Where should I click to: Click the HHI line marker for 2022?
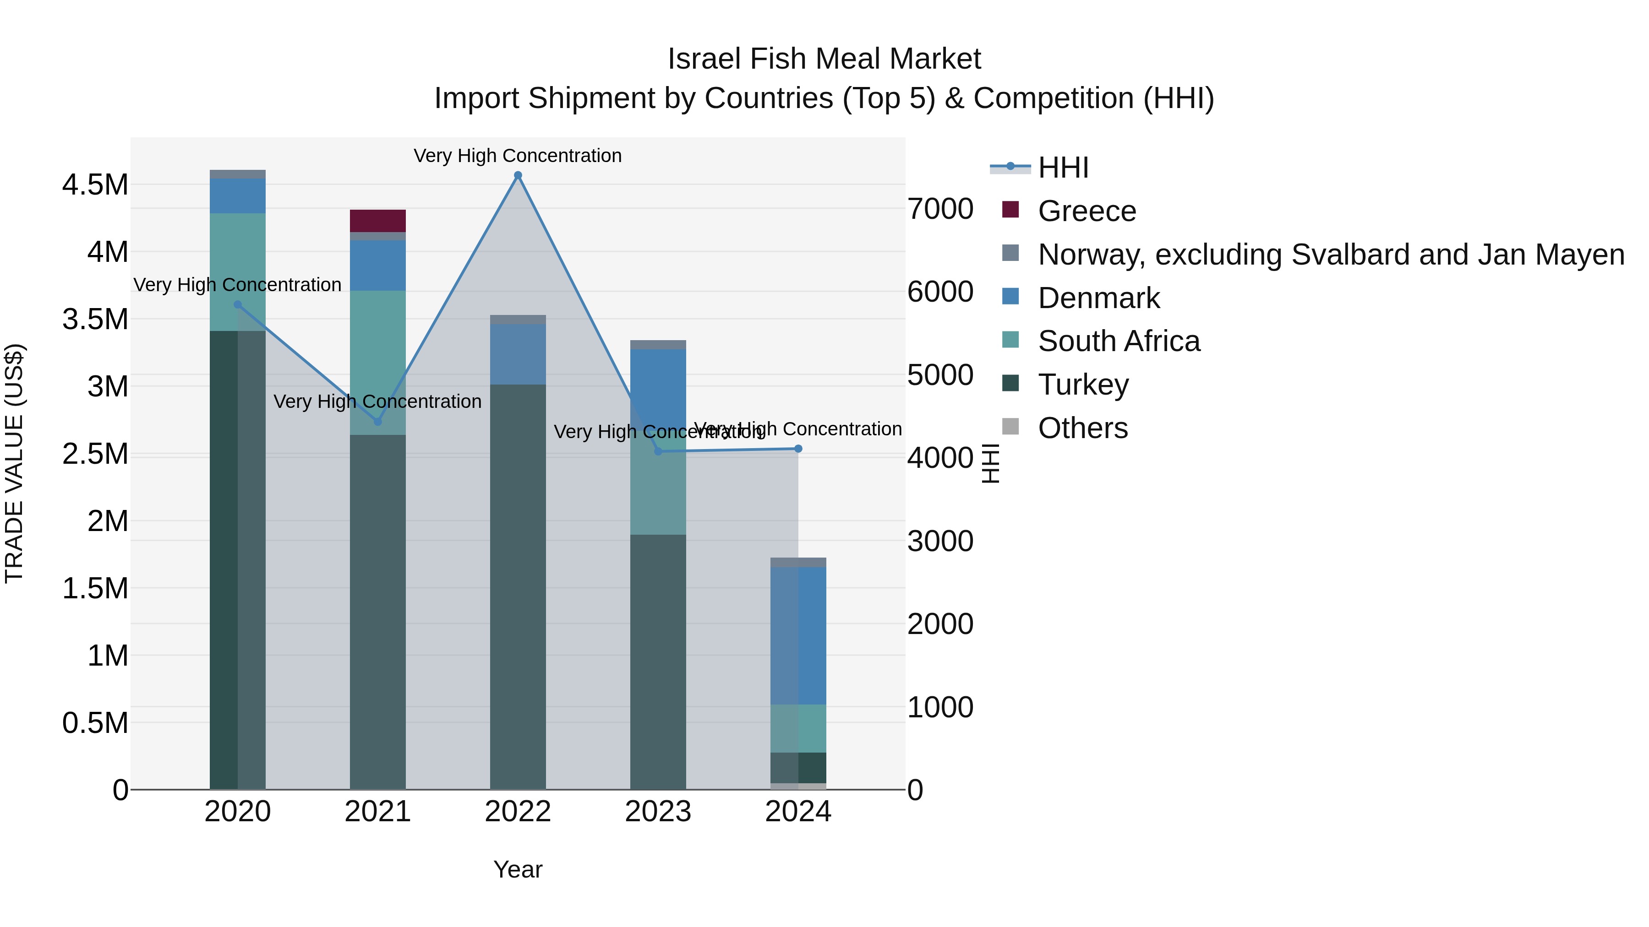[x=518, y=175]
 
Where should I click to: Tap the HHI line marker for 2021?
[x=378, y=422]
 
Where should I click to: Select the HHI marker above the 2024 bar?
[x=798, y=449]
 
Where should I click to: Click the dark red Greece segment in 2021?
[x=378, y=221]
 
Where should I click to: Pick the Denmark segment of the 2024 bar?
[x=798, y=635]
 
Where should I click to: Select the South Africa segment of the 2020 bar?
[x=237, y=272]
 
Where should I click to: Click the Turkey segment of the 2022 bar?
[x=518, y=585]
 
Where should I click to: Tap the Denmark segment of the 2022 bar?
[x=518, y=354]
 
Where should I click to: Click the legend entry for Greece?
[x=1087, y=211]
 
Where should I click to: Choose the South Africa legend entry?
[x=1118, y=341]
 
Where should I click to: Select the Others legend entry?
[x=1082, y=428]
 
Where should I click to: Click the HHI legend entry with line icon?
[x=1063, y=168]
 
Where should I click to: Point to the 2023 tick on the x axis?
[x=658, y=812]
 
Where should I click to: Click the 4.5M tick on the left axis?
[x=95, y=185]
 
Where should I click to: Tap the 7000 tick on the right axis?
[x=940, y=209]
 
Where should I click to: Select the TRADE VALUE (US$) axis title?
[x=14, y=463]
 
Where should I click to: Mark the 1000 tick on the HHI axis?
[x=940, y=707]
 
